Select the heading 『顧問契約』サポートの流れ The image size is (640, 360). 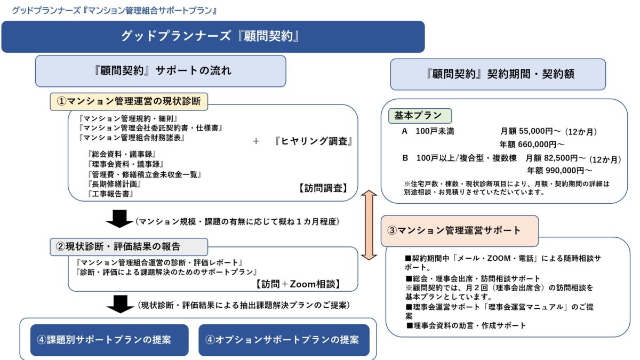pyautogui.click(x=161, y=70)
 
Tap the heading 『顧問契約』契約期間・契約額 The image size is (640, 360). pyautogui.click(x=498, y=74)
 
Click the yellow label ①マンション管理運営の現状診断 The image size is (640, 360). pyautogui.click(x=129, y=100)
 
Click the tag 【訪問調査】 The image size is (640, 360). pyautogui.click(x=323, y=188)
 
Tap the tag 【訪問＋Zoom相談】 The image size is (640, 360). pyautogui.click(x=298, y=284)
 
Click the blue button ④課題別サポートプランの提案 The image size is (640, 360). pyautogui.click(x=109, y=340)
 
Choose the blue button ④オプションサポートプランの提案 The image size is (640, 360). pyautogui.click(x=284, y=340)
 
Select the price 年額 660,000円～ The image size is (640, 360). pyautogui.click(x=531, y=144)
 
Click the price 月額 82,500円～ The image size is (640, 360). pyautogui.click(x=555, y=158)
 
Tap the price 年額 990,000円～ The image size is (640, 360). pyautogui.click(x=559, y=171)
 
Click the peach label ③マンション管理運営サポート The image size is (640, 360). pyautogui.click(x=459, y=230)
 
